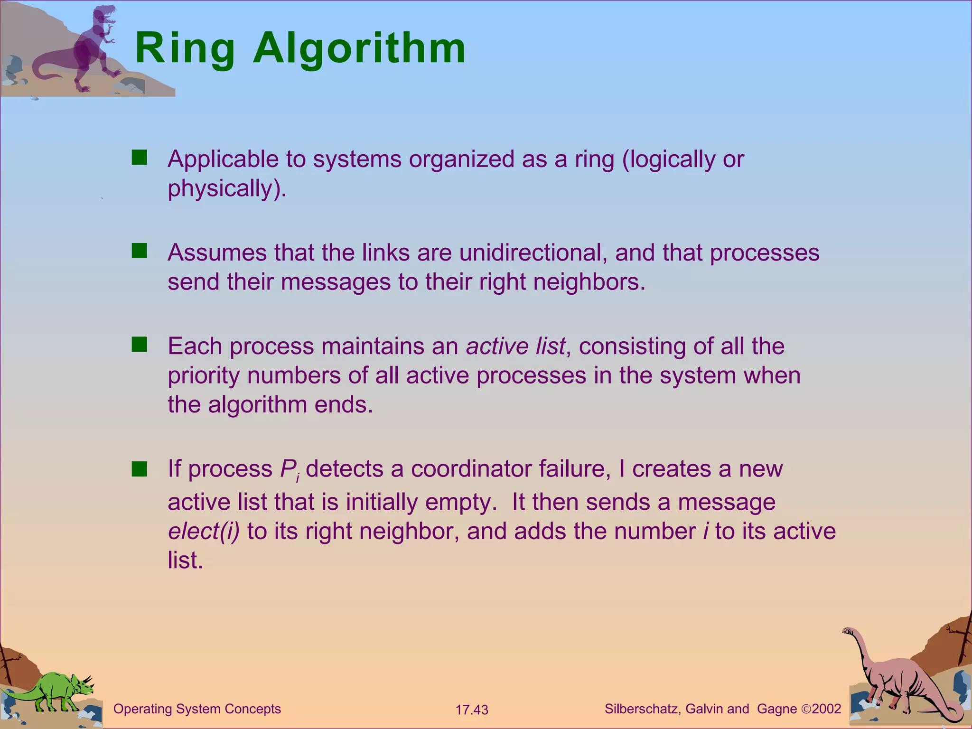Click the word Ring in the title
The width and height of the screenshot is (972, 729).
[185, 48]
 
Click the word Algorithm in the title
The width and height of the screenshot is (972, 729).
[359, 48]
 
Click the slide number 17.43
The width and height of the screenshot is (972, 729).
[472, 710]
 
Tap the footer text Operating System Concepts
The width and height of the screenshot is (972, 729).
[197, 709]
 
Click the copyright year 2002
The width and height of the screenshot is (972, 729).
[826, 709]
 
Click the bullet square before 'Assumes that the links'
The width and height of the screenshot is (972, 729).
[140, 251]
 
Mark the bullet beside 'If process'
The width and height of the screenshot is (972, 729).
[140, 469]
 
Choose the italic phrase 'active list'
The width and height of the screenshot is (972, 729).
[515, 346]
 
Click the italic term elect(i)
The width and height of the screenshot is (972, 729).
[204, 531]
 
